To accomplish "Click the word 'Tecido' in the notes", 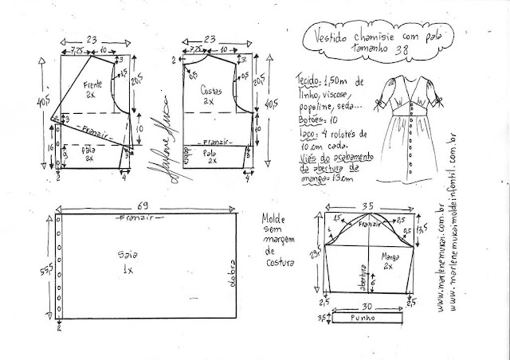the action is pyautogui.click(x=307, y=80).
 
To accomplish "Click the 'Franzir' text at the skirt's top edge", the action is pyautogui.click(x=136, y=217).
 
